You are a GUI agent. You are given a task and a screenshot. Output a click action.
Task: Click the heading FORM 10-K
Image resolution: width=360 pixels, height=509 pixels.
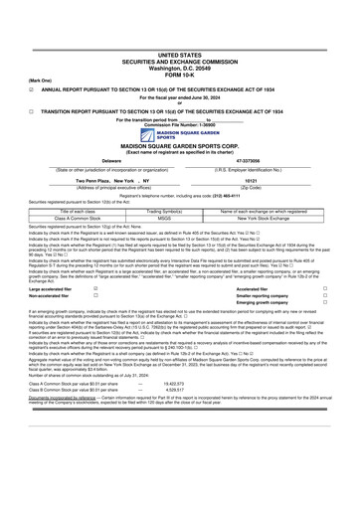(x=179, y=75)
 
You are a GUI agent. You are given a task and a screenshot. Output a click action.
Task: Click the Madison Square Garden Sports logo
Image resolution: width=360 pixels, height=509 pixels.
(x=179, y=163)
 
